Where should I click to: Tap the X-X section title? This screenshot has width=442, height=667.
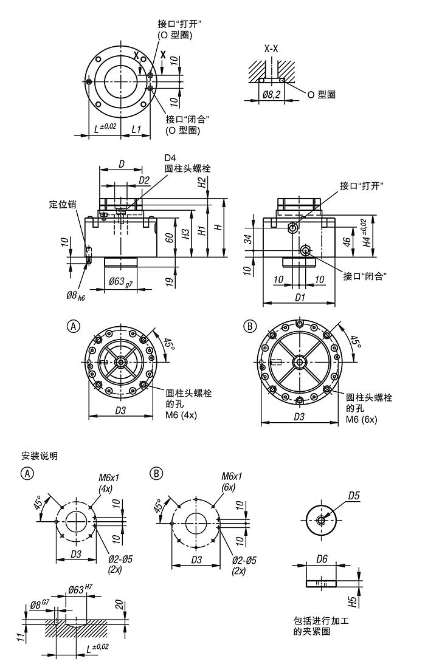point(271,48)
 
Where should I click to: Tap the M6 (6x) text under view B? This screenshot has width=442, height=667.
point(361,419)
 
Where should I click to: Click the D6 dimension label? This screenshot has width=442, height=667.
point(322,558)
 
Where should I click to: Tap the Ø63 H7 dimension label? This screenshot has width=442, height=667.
point(80,589)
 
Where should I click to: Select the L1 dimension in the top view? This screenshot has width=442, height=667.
point(137,129)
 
